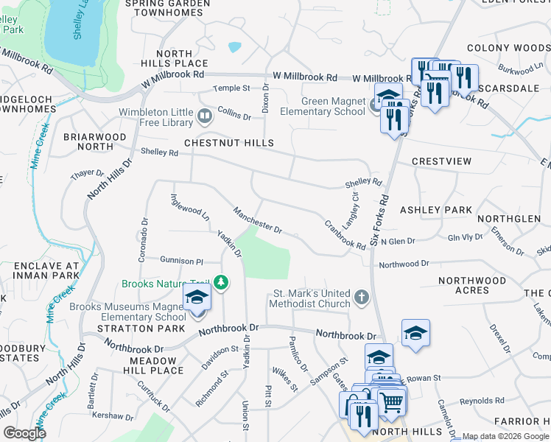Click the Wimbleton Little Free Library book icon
(x=204, y=116)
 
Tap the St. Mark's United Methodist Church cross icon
(x=361, y=297)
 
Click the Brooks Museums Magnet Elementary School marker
(x=197, y=298)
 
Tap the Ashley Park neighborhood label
(x=436, y=210)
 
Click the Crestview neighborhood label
(x=441, y=161)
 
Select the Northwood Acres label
(x=472, y=285)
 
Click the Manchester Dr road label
(x=258, y=220)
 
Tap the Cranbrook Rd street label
(x=345, y=235)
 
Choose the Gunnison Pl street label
(x=181, y=261)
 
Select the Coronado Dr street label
(x=144, y=242)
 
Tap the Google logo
(x=24, y=433)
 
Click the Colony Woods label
(x=508, y=48)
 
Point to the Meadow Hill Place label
(x=156, y=365)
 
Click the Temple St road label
(x=231, y=88)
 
